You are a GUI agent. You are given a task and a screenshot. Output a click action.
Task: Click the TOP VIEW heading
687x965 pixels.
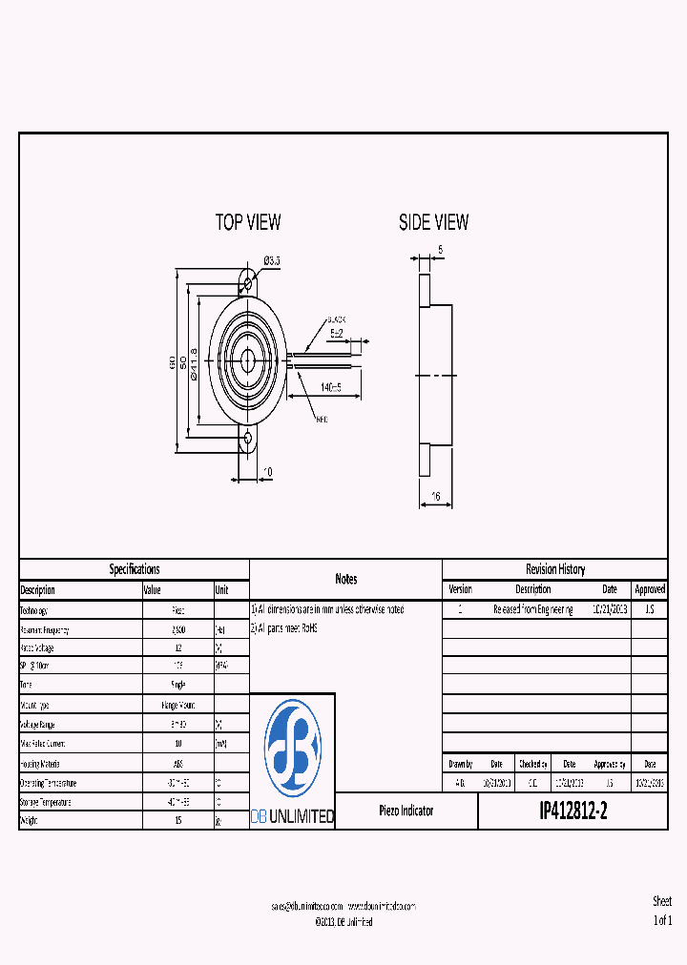pos(248,222)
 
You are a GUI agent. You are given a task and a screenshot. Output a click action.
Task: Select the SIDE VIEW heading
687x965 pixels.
pos(433,222)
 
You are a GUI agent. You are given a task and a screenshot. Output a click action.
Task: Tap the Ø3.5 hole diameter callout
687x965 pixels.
pos(271,260)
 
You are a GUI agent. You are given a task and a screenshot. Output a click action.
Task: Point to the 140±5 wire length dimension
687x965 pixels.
pos(331,388)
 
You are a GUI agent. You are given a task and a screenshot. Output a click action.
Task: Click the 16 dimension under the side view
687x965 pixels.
pos(436,496)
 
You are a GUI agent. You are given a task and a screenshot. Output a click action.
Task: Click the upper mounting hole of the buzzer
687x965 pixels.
pos(248,283)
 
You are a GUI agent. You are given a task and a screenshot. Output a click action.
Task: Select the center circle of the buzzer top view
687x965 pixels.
pos(248,361)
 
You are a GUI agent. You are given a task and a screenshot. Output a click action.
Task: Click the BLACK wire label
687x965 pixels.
pos(336,320)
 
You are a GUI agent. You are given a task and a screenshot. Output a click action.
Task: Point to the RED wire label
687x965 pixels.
pos(322,418)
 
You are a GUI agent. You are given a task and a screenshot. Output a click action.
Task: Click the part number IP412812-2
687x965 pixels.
pos(572,811)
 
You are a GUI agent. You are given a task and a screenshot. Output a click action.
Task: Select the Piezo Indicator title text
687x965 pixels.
pos(406,811)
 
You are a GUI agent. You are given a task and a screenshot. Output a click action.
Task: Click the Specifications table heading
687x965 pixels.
pos(135,569)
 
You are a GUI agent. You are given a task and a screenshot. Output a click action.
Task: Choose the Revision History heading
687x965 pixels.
pos(555,569)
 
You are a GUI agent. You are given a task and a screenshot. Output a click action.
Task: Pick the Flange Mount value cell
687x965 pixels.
pos(178,706)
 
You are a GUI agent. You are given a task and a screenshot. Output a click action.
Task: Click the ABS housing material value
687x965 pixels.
pos(178,763)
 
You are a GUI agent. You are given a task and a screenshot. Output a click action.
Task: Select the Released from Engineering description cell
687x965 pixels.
pos(532,609)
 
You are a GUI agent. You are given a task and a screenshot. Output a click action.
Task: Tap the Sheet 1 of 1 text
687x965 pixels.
pos(662,911)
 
